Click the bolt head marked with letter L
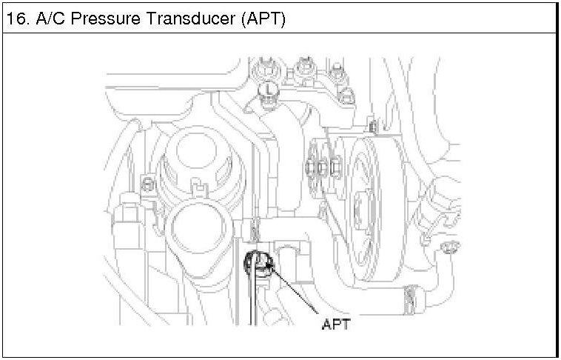[267, 92]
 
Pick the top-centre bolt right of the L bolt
[303, 70]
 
